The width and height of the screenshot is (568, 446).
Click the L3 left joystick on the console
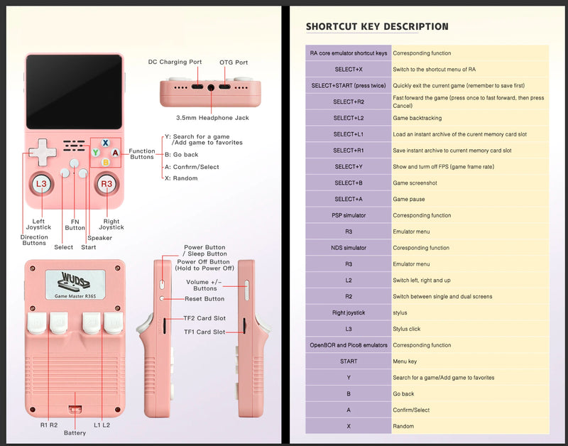40,184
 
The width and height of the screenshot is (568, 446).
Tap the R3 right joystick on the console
106,184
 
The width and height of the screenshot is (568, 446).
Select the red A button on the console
115,153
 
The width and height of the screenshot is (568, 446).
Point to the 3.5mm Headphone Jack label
213,117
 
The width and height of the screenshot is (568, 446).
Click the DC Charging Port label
175,62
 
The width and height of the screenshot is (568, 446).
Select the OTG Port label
234,62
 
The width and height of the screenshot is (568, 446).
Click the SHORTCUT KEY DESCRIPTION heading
377,27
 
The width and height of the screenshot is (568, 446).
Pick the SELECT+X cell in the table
348,70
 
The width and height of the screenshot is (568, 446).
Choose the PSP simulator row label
348,215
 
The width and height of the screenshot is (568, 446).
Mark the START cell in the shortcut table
348,361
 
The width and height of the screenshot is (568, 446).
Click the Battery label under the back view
75,433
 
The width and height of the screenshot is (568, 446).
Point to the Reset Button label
204,299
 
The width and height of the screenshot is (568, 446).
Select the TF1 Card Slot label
204,332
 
